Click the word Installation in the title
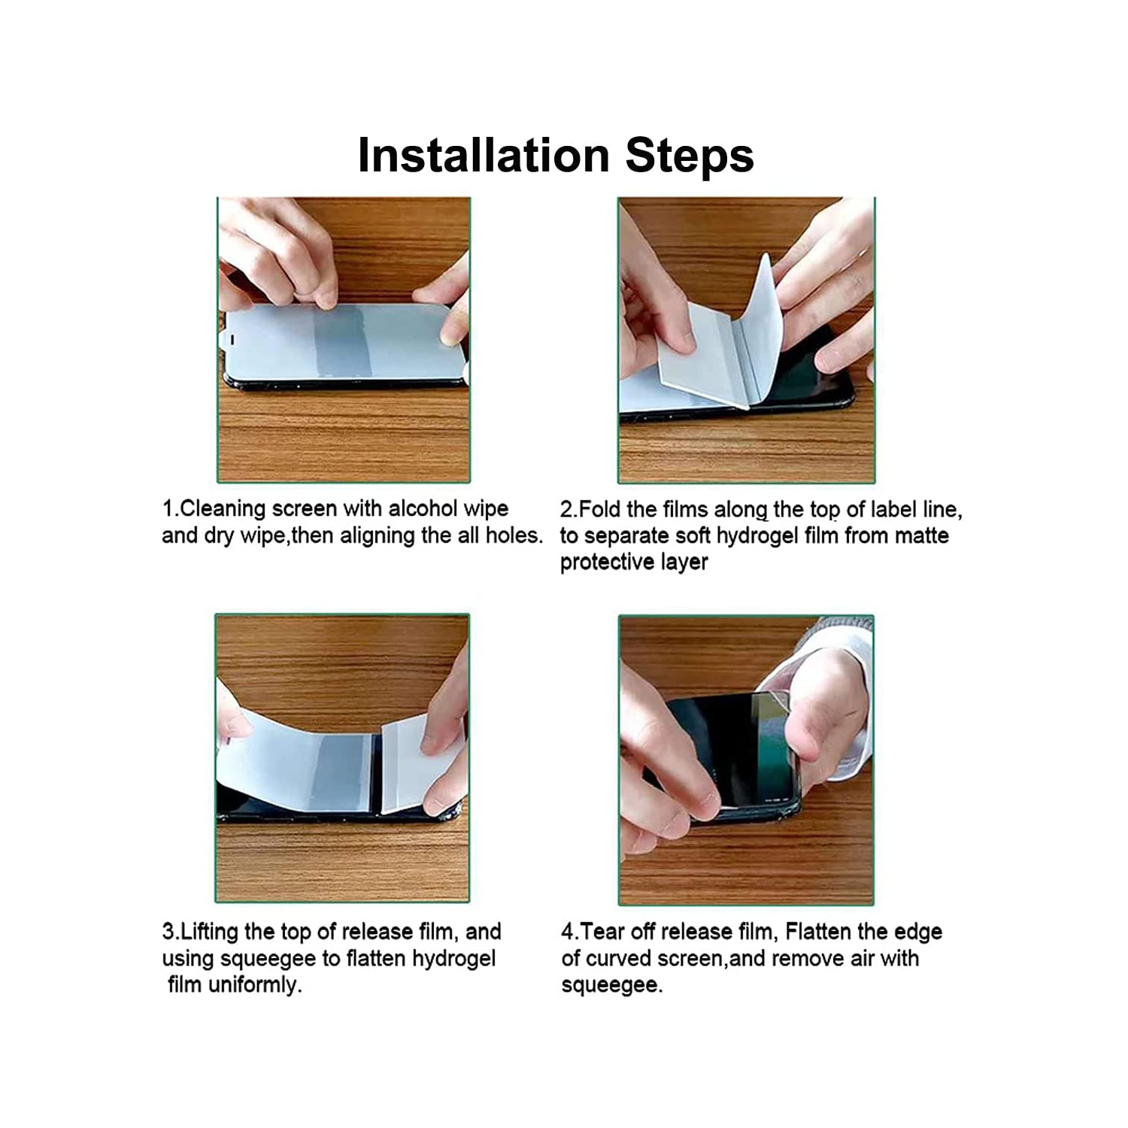click(484, 155)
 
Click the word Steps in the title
click(690, 156)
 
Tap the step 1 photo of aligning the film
click(344, 340)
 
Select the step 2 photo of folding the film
click(746, 340)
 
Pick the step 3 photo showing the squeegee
click(342, 758)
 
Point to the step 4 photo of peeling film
click(746, 760)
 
